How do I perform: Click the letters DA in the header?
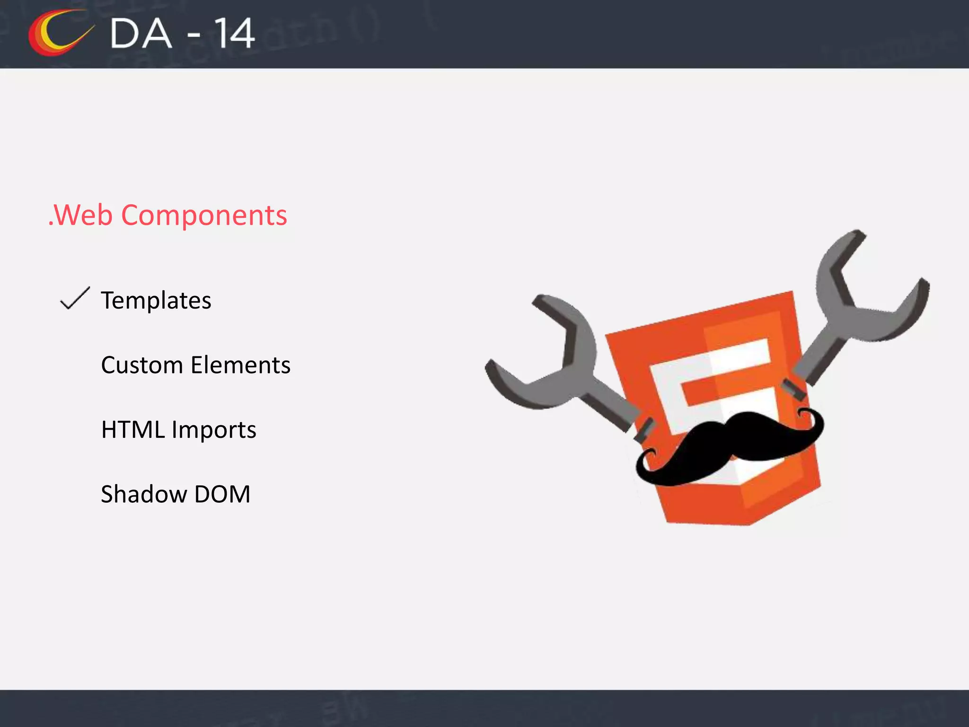click(141, 34)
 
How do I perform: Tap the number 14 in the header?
click(235, 34)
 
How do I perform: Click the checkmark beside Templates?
click(75, 299)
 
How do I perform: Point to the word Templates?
click(156, 301)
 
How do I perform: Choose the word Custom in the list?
click(142, 365)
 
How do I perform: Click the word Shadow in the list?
click(144, 495)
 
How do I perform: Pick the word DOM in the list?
click(222, 495)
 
